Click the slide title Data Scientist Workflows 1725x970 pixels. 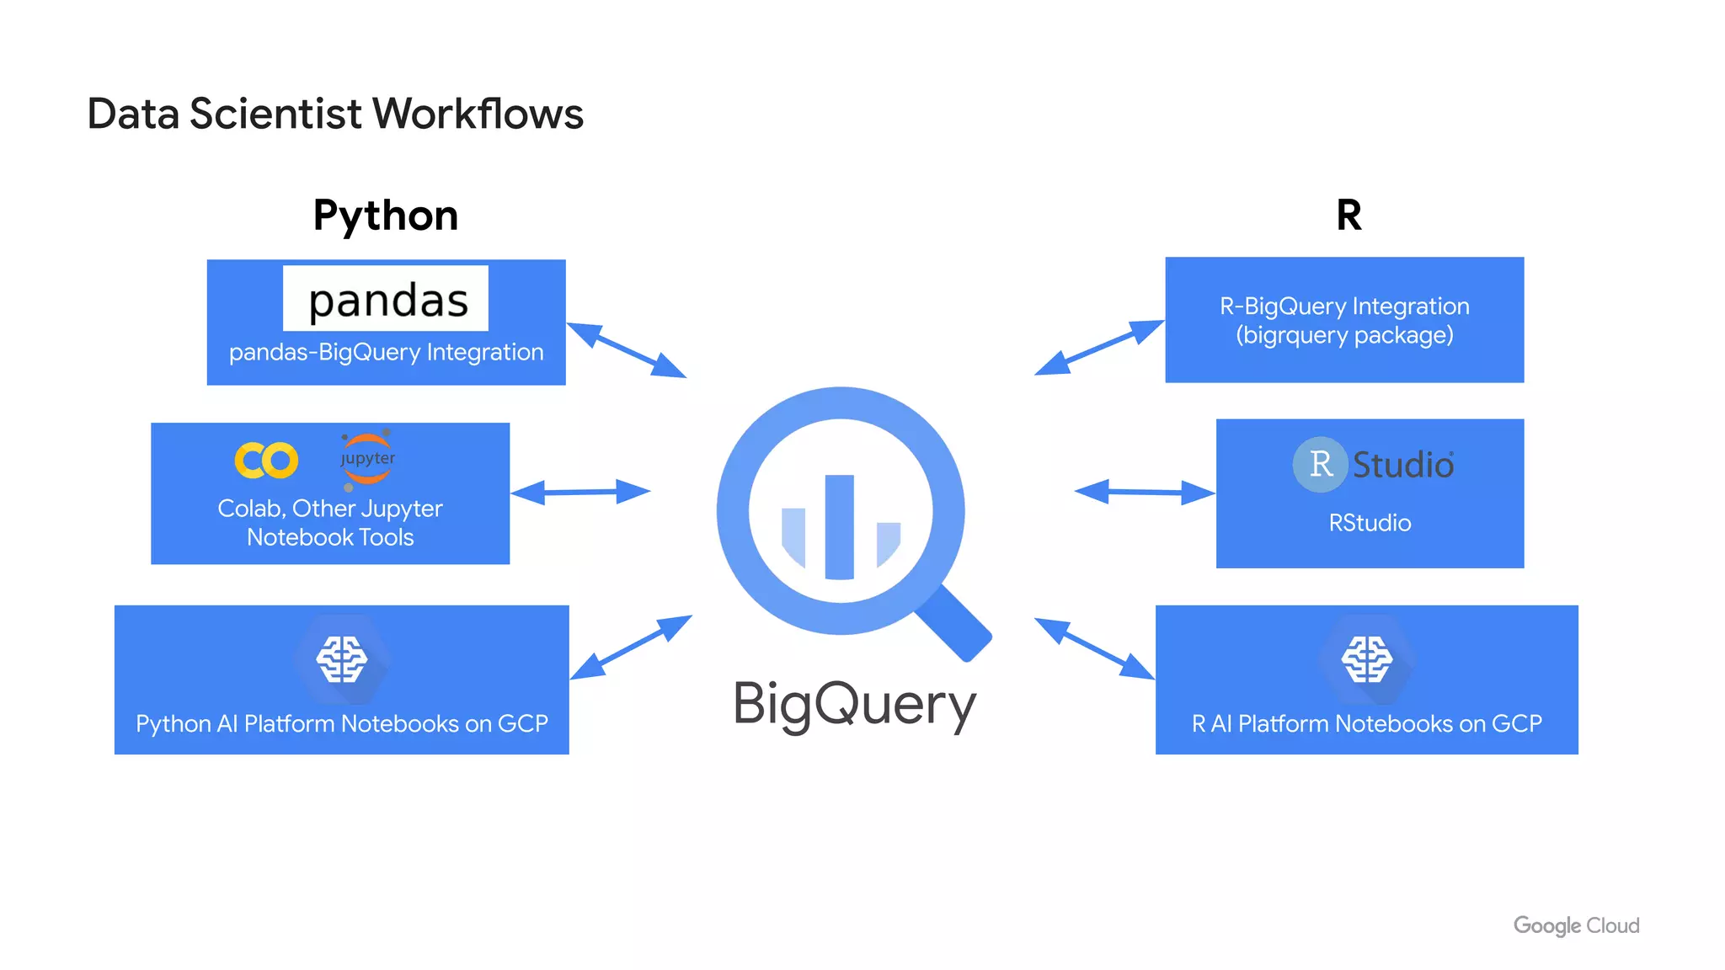coord(335,114)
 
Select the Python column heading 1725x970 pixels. coord(386,216)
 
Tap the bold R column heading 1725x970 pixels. coord(1348,216)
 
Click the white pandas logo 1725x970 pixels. coord(386,299)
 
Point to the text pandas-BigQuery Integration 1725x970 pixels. coord(386,352)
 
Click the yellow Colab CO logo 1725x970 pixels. coord(266,460)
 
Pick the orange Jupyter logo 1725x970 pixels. coord(367,459)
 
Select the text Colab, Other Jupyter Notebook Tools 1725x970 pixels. coord(330,523)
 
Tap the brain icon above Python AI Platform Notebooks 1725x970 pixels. coord(342,659)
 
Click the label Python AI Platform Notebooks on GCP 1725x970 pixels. coord(342,723)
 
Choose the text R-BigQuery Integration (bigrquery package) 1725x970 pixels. coord(1344,321)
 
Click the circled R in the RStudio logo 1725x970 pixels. coord(1320,464)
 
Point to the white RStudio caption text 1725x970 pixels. coord(1370,523)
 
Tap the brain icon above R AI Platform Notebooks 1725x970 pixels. coord(1366,659)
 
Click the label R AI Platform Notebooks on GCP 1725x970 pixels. coord(1366,723)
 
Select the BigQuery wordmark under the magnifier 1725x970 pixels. coord(854,704)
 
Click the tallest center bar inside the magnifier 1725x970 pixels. coord(839,527)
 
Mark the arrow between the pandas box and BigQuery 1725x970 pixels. coord(627,350)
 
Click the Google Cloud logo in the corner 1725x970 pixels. coord(1576,925)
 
